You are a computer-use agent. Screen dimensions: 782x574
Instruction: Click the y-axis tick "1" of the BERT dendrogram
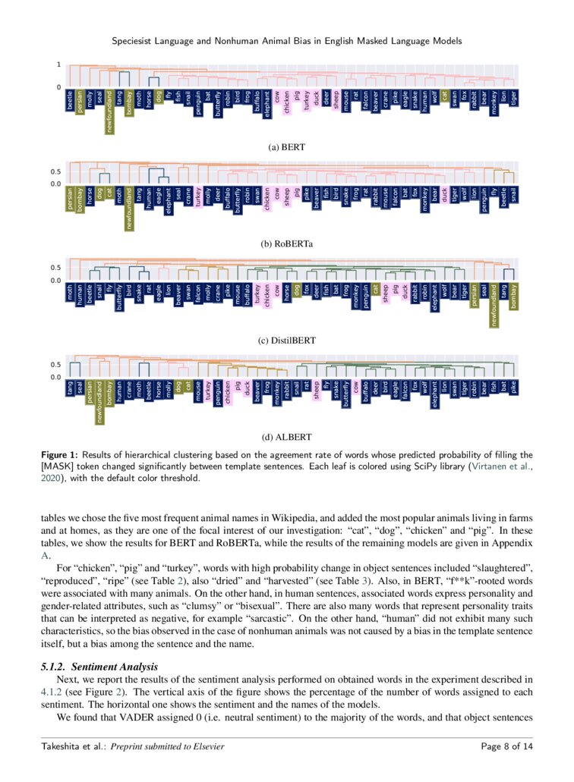[58, 65]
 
